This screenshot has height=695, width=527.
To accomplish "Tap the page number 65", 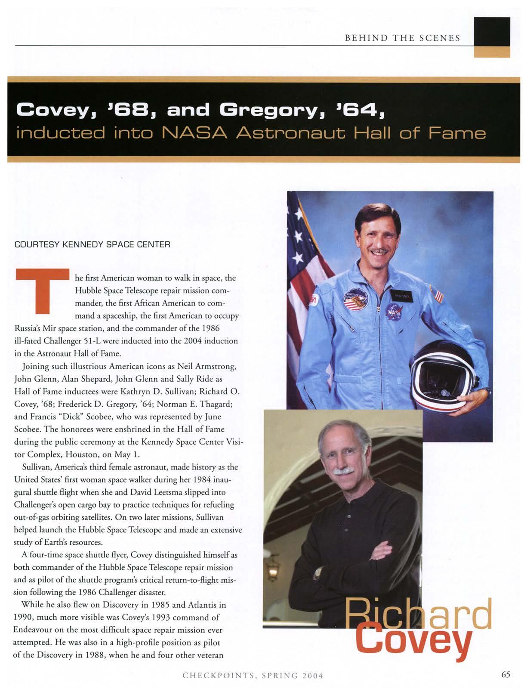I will point(505,674).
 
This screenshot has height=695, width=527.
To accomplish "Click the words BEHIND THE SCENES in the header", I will point(403,38).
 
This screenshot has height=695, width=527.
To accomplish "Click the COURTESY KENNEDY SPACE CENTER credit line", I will point(92,244).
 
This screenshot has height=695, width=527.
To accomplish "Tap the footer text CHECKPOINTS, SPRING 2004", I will point(253,676).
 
